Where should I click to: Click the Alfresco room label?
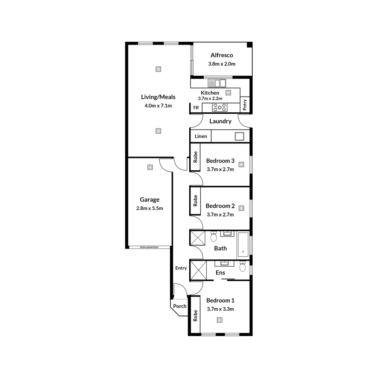tap(222, 55)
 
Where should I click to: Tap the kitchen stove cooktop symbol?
tap(220, 107)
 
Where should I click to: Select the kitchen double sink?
tap(217, 83)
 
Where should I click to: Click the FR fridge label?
tap(196, 108)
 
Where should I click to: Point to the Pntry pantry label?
tap(245, 105)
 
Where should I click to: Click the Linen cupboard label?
tap(201, 136)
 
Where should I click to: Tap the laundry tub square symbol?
tap(239, 136)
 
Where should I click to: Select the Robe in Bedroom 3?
tap(195, 157)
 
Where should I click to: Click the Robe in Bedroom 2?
tap(195, 201)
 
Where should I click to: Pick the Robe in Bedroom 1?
tap(195, 316)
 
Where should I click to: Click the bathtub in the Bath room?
tap(243, 245)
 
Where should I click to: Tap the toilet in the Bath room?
tap(213, 237)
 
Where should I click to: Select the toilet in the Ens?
tap(242, 267)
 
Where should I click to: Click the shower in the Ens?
tap(198, 271)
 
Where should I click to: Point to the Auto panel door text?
tap(149, 247)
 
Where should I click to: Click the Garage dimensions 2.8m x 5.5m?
tap(150, 208)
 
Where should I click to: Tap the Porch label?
tap(180, 306)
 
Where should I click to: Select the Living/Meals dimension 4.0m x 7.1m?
tap(158, 106)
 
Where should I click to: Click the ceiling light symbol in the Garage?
tap(150, 167)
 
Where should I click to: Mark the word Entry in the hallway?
tap(181, 268)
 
